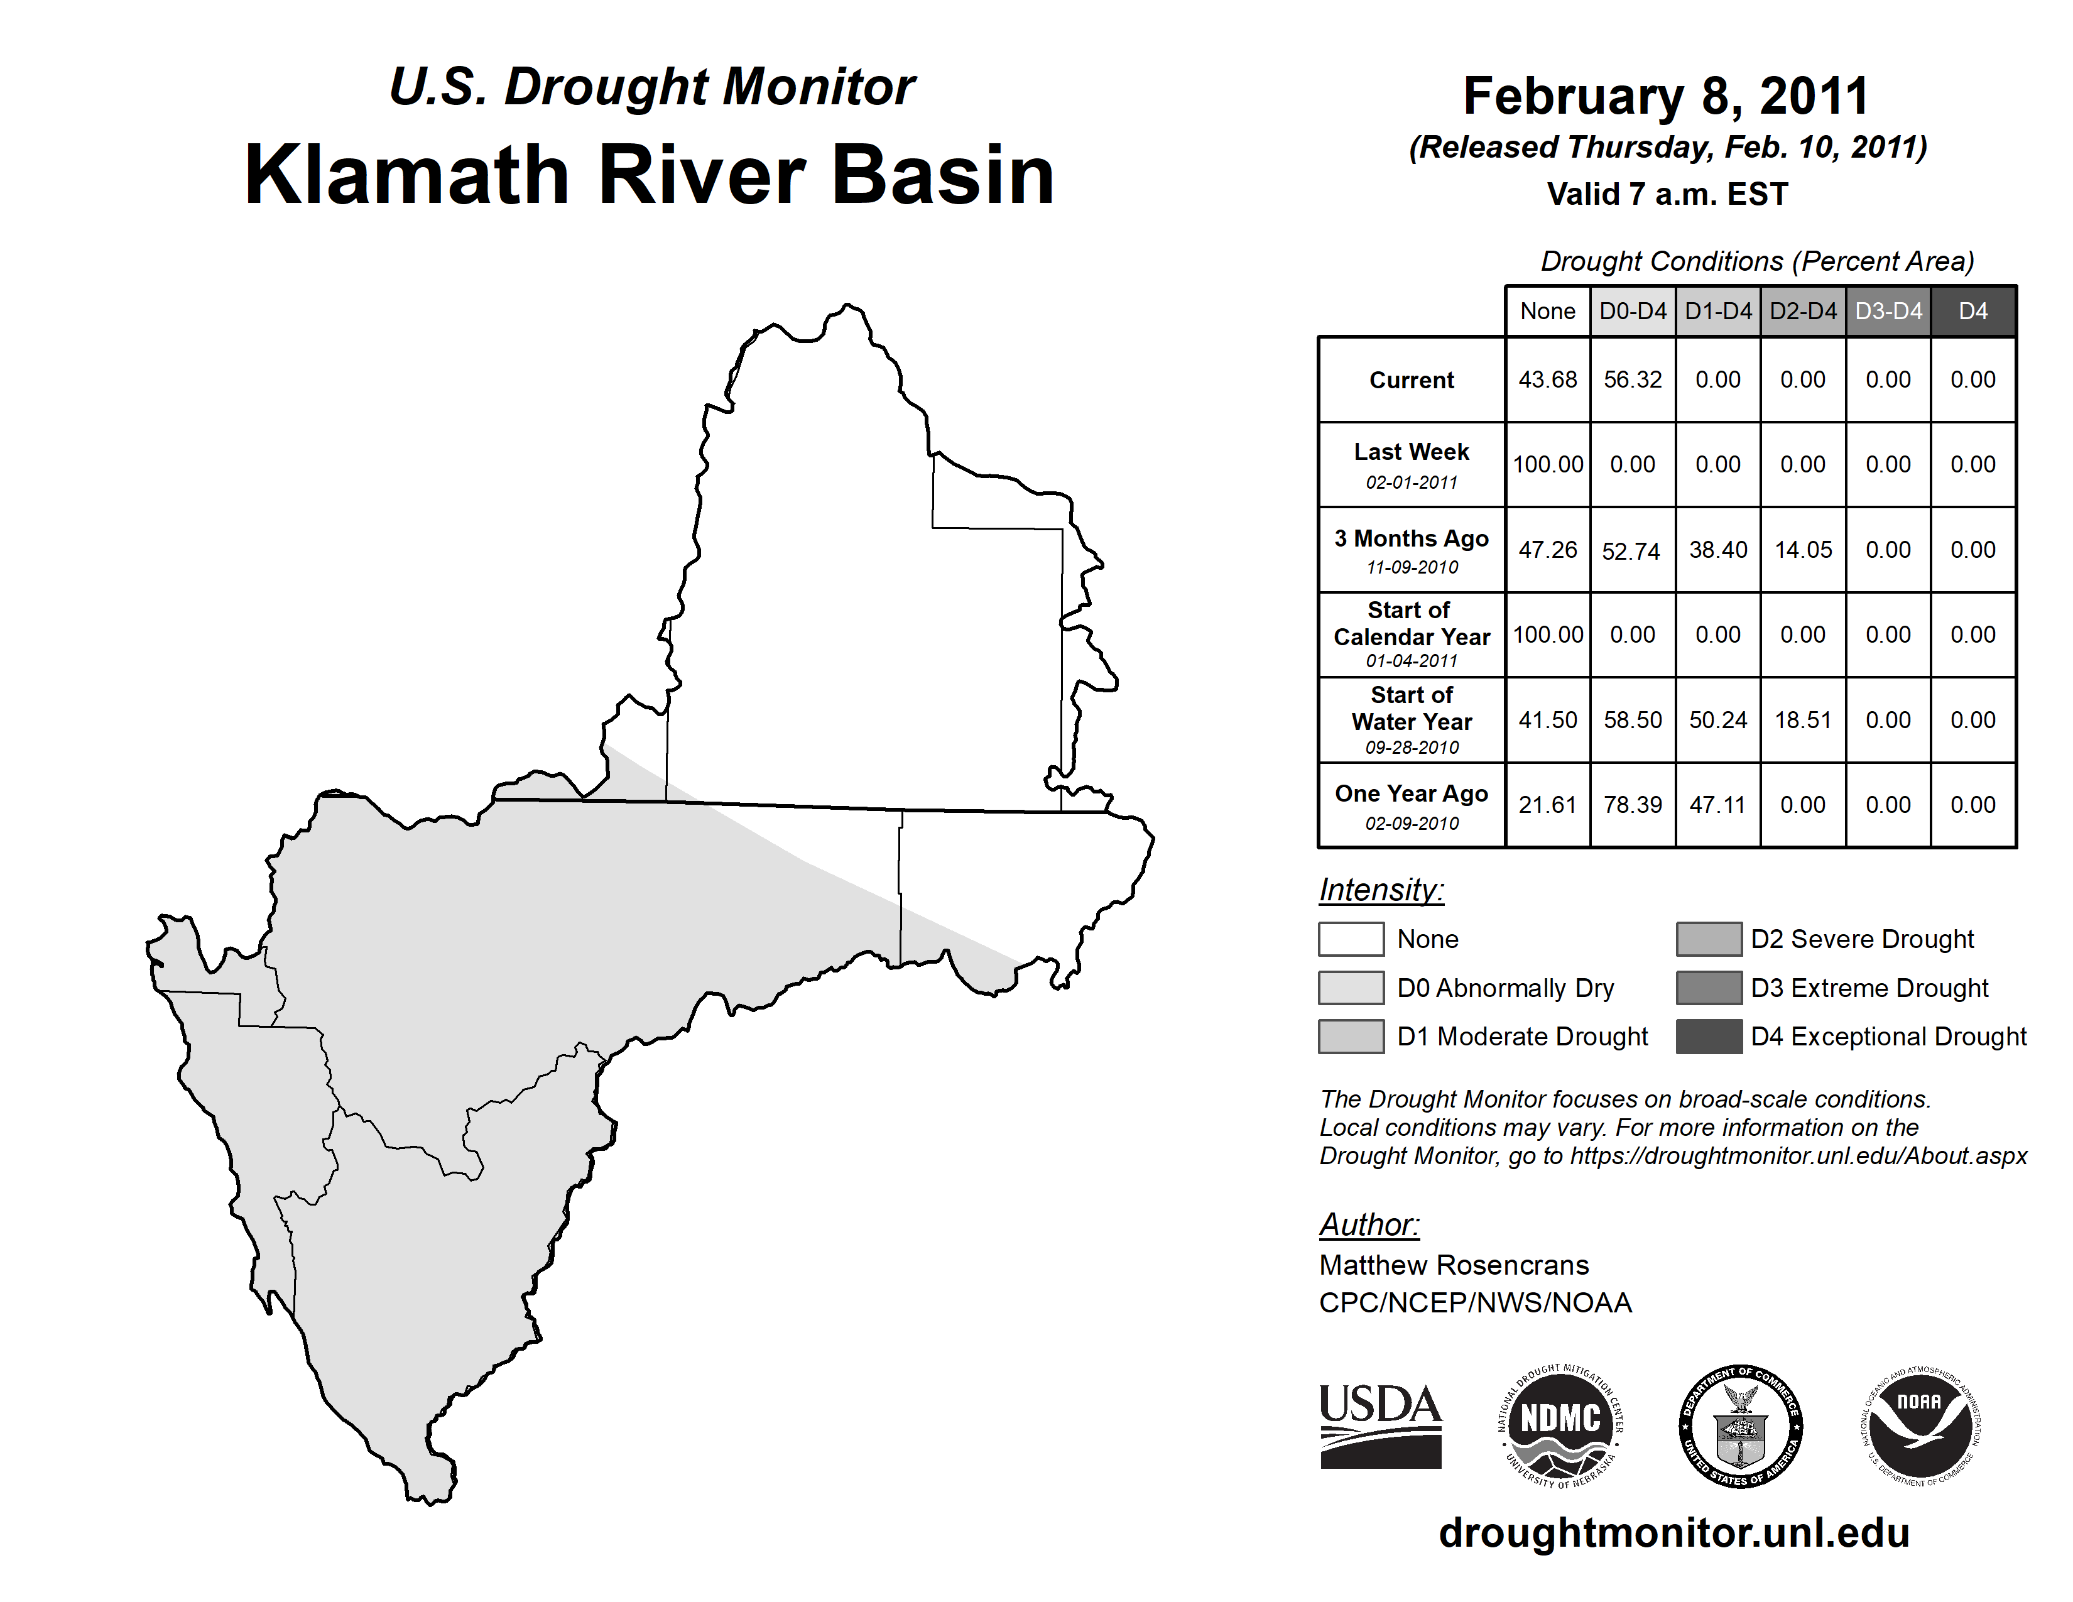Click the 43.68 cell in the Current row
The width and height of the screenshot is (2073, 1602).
(x=1547, y=379)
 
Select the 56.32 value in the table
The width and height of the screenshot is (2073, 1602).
(x=1633, y=379)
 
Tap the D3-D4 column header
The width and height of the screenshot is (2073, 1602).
(x=1888, y=311)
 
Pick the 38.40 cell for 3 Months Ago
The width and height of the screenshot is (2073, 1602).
(x=1718, y=550)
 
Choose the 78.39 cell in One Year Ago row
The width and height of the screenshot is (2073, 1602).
(x=1633, y=805)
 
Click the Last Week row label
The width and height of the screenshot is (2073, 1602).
(x=1412, y=464)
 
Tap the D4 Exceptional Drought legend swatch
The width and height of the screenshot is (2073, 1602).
(x=1709, y=1037)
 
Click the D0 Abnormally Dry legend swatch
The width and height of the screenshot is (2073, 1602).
(x=1351, y=987)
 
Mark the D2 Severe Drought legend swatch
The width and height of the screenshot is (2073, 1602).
(x=1709, y=939)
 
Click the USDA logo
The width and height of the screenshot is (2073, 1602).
(x=1380, y=1425)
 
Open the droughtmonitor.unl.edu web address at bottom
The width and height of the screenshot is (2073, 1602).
(x=1673, y=1533)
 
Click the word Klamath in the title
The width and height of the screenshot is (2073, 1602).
(x=407, y=175)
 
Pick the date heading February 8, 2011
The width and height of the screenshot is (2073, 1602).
(x=1666, y=96)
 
